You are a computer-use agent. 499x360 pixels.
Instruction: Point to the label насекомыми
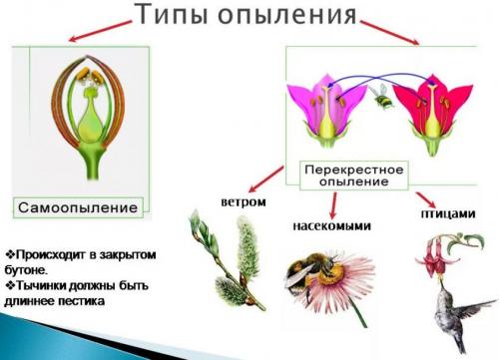(x=330, y=226)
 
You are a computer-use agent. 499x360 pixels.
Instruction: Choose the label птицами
(x=440, y=212)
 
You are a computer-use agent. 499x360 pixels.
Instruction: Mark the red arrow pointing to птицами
(x=424, y=196)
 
